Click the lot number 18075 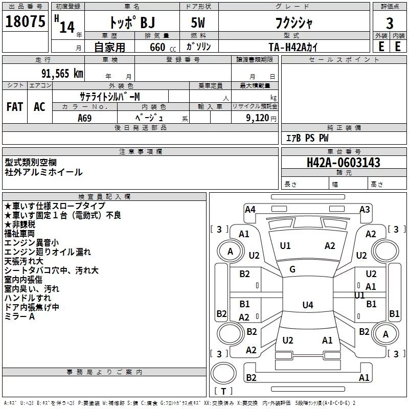pyautogui.click(x=25, y=21)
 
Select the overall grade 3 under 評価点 pyautogui.click(x=390, y=23)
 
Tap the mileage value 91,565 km pyautogui.click(x=62, y=74)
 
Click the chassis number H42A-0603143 pyautogui.click(x=343, y=162)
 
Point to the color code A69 pyautogui.click(x=85, y=118)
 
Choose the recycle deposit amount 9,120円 pyautogui.click(x=261, y=118)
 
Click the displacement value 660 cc pyautogui.click(x=163, y=47)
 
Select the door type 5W pyautogui.click(x=198, y=22)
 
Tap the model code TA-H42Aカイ pyautogui.click(x=293, y=47)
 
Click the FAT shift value pyautogui.click(x=15, y=107)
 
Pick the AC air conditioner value pyautogui.click(x=39, y=107)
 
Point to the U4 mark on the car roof pyautogui.click(x=308, y=305)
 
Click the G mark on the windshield pyautogui.click(x=292, y=269)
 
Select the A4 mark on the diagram pyautogui.click(x=250, y=210)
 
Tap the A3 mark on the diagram pyautogui.click(x=365, y=210)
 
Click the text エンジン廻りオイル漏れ pyautogui.click(x=48, y=252)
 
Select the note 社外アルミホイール pyautogui.click(x=43, y=172)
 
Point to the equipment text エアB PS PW pyautogui.click(x=307, y=138)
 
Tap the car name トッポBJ pyautogui.click(x=132, y=22)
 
